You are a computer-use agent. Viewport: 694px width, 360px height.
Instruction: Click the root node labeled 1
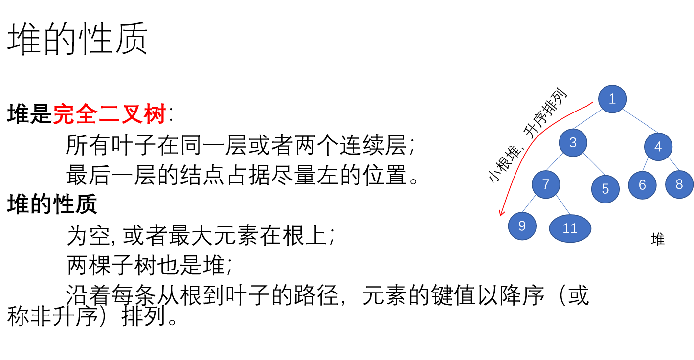612,99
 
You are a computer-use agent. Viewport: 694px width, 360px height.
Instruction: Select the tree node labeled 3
573,142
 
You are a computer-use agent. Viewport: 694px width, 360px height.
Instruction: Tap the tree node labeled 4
658,146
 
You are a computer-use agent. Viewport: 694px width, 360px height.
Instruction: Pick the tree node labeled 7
546,184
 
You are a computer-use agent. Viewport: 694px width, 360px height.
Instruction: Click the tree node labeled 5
605,189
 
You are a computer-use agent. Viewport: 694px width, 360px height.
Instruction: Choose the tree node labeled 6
642,185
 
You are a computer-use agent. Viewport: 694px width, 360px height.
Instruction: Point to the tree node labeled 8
679,184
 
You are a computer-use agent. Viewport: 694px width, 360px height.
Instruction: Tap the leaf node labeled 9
522,226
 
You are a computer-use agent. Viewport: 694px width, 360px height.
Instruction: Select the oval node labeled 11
570,228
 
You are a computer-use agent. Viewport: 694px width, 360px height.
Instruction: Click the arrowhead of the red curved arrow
501,213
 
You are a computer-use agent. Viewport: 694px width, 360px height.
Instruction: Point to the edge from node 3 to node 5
594,164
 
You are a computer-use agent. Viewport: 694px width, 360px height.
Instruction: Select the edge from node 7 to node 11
563,204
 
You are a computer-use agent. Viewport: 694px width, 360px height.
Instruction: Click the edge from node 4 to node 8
673,163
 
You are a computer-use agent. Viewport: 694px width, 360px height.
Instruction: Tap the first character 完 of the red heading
64,114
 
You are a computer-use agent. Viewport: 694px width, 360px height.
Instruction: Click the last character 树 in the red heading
155,114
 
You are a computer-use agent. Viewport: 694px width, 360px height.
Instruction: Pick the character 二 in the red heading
110,114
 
